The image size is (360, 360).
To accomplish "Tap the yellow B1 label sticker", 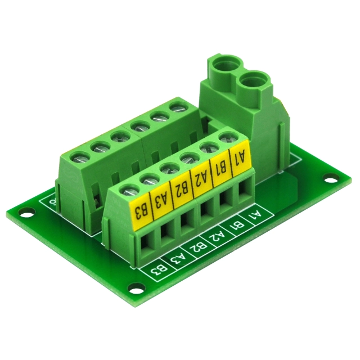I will click(x=222, y=168).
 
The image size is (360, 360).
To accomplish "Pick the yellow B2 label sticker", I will click(x=181, y=188).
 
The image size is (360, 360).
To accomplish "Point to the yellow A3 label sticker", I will click(x=161, y=199).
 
